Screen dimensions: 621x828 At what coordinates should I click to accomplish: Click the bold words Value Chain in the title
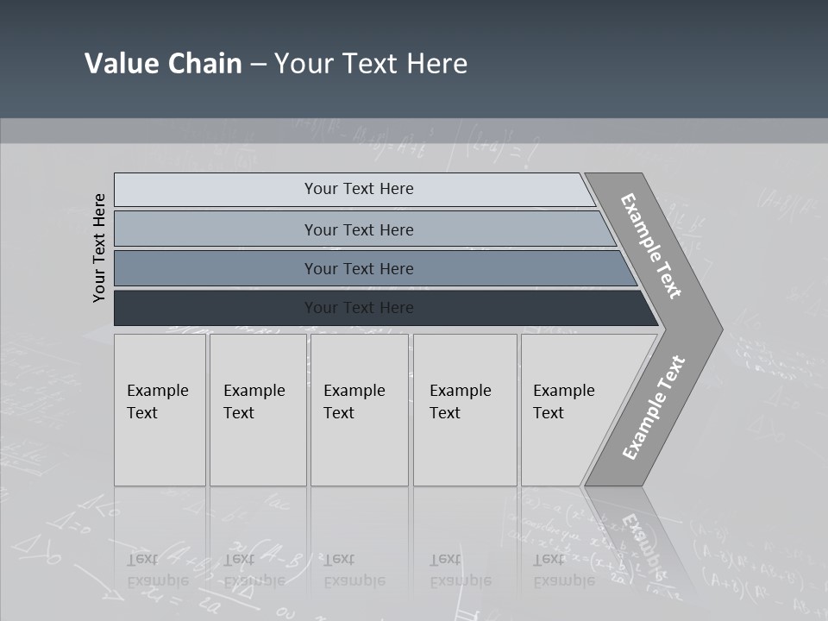pos(163,64)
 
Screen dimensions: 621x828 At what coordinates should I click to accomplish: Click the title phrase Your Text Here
pos(371,64)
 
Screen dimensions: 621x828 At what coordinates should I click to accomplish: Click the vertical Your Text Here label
pos(99,248)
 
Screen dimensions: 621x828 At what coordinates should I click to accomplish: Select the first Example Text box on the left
pos(160,410)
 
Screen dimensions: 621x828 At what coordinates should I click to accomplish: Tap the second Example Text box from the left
pos(257,410)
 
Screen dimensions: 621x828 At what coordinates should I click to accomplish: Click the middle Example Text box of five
pos(359,410)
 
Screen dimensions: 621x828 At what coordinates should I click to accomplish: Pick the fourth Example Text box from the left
pos(465,410)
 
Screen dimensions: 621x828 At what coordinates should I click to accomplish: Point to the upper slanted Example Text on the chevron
pos(651,246)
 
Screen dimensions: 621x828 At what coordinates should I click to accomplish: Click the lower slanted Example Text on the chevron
pos(653,407)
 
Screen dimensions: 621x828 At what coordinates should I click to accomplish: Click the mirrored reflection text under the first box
pos(158,570)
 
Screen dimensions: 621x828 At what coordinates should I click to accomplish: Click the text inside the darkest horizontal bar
pos(359,308)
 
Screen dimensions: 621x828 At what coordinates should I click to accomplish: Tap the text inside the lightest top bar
pos(359,189)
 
